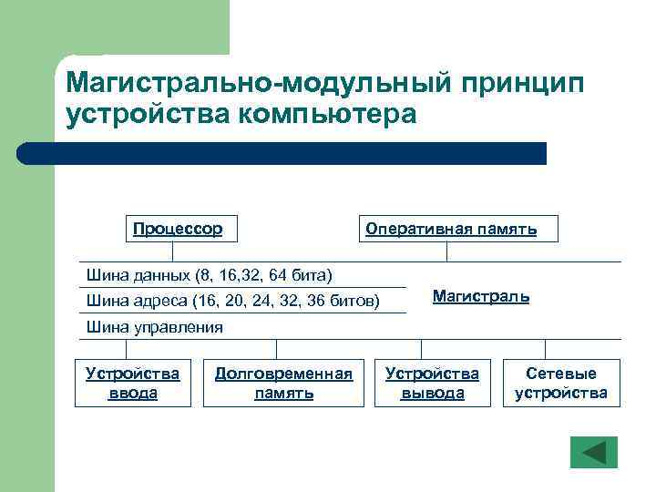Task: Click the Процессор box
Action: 179,229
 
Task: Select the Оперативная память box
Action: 451,229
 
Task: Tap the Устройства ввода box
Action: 132,383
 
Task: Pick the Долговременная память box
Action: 283,383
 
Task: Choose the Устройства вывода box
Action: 432,383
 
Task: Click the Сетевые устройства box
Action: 560,383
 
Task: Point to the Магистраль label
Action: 480,297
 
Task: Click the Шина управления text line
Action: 154,327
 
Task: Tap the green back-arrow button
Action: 593,453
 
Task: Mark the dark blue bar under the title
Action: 282,153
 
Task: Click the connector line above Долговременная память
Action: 277,349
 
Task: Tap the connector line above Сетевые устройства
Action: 545,349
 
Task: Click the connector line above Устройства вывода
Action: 421,349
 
